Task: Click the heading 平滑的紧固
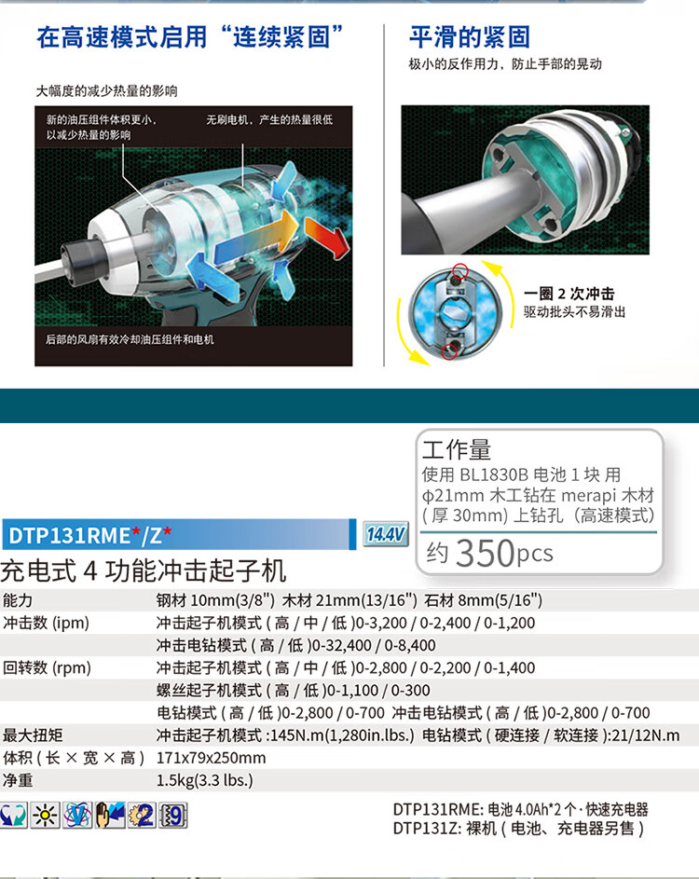point(470,37)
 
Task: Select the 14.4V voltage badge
point(386,534)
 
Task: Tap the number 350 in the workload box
point(485,553)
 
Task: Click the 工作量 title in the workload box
point(457,450)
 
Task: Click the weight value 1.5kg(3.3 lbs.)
point(205,780)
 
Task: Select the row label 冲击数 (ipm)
point(46,623)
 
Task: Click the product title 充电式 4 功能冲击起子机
point(144,570)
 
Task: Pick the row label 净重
point(19,780)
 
